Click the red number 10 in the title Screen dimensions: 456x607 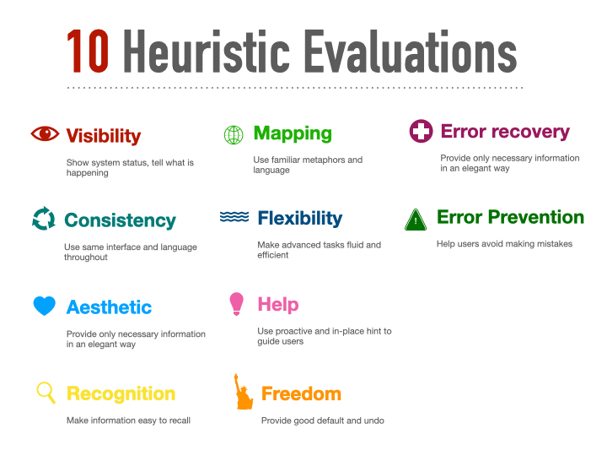click(x=88, y=52)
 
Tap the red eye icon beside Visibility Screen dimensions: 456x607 click(x=45, y=133)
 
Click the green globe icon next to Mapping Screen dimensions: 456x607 click(x=234, y=134)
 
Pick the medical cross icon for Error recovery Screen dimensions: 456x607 click(x=420, y=132)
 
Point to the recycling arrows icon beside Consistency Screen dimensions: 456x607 click(x=43, y=219)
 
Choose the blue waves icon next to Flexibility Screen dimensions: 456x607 click(x=234, y=217)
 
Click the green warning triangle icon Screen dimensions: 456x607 click(x=416, y=220)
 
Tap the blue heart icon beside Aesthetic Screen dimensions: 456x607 click(x=45, y=306)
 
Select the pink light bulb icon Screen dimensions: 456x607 click(x=237, y=304)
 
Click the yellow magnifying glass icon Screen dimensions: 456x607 click(x=46, y=393)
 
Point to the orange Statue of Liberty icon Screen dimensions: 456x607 click(x=243, y=392)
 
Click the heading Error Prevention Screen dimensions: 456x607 click(x=510, y=217)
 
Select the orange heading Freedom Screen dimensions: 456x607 click(x=301, y=394)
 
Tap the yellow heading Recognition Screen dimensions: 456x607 click(x=121, y=394)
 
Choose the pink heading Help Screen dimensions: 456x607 click(x=278, y=304)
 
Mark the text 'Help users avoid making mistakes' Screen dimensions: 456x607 click(x=504, y=244)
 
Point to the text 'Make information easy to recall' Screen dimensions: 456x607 click(x=128, y=420)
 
